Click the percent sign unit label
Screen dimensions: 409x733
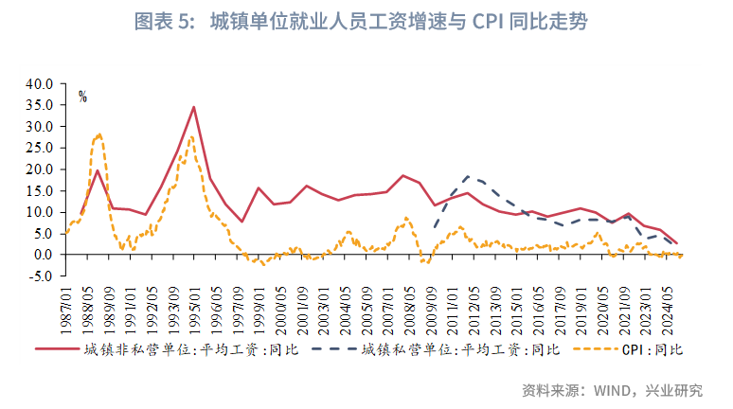tap(83, 97)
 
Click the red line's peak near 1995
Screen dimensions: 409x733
tap(194, 107)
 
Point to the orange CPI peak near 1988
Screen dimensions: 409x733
tap(99, 134)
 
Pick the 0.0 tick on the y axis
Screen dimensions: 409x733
tap(42, 255)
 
